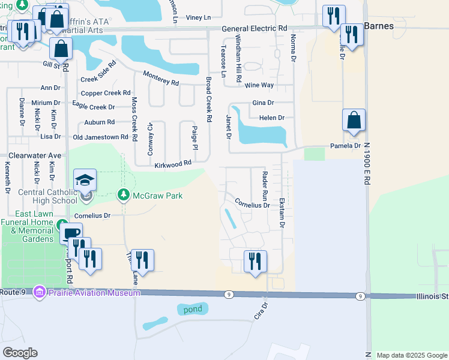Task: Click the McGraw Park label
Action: coord(157,196)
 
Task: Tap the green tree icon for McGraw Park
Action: coord(123,195)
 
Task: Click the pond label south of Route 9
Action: coord(193,309)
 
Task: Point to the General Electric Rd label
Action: coord(254,29)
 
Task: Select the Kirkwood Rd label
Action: coord(172,164)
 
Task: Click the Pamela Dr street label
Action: coord(345,146)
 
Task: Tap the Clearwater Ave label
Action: coord(34,155)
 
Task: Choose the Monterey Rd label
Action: coord(161,78)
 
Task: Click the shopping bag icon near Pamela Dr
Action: coord(354,121)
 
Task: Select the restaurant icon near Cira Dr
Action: coord(255,261)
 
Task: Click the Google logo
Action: coord(20,353)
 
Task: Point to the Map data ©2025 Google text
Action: coord(411,355)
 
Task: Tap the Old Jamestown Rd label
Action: coord(100,137)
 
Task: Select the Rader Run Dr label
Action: coord(265,186)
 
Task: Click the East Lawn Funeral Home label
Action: coord(27,226)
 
